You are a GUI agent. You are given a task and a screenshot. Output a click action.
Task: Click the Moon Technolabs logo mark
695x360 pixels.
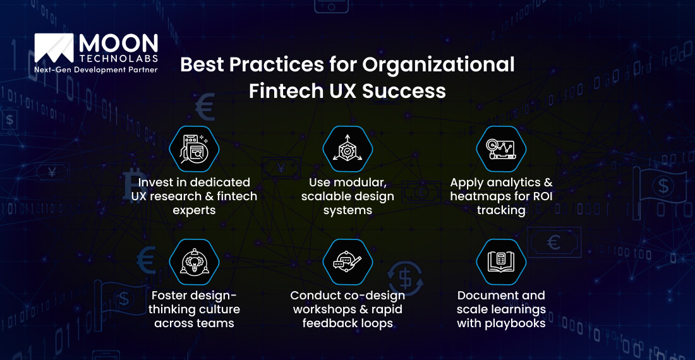[x=54, y=49]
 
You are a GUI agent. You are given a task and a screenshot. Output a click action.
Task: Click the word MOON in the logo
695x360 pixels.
[x=118, y=42]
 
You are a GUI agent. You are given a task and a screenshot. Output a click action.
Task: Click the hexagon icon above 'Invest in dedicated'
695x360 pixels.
[x=194, y=150]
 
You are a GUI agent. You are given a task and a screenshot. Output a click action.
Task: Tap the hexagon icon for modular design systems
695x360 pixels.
[x=347, y=150]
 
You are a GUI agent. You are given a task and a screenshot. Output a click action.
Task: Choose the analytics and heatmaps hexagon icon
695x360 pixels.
[x=501, y=150]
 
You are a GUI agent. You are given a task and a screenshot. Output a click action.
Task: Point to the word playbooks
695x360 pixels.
[x=517, y=323]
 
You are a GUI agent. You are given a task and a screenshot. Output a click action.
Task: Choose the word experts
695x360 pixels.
[x=194, y=210]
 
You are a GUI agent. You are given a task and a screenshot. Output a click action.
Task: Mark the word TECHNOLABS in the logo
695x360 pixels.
[x=118, y=57]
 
